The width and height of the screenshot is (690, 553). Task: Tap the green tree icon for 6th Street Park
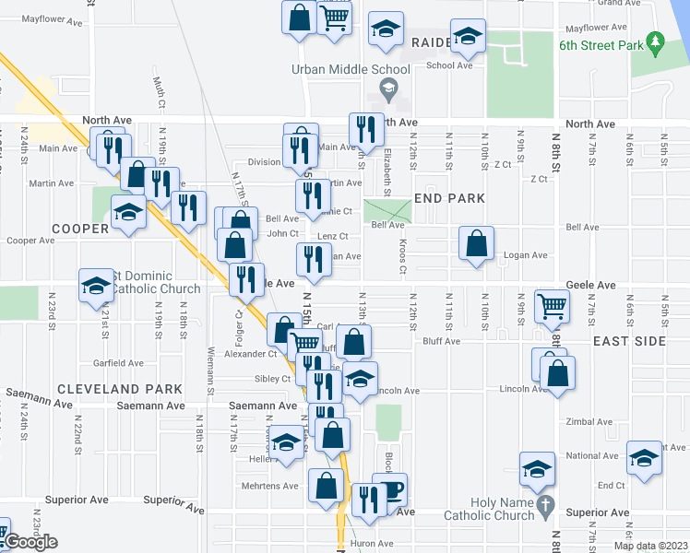(655, 41)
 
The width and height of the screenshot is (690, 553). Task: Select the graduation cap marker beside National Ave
(644, 457)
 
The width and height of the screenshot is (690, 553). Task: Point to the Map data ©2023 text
(650, 546)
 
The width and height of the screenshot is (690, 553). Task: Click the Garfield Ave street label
(117, 363)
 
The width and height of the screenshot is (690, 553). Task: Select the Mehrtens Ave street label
(277, 486)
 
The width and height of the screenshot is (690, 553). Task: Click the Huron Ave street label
(373, 544)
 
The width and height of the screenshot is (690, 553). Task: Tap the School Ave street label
(449, 65)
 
